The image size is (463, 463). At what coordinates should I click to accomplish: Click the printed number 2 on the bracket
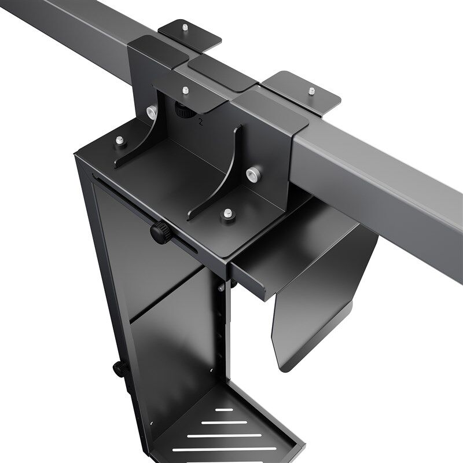pyautogui.click(x=200, y=123)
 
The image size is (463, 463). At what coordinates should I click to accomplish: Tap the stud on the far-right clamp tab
pyautogui.click(x=311, y=90)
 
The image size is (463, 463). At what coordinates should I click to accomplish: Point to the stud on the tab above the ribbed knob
pyautogui.click(x=185, y=90)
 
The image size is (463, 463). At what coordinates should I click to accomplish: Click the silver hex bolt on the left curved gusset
pyautogui.click(x=151, y=111)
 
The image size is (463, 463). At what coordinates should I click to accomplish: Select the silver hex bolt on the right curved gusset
pyautogui.click(x=252, y=173)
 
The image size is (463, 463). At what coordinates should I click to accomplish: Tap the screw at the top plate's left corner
pyautogui.click(x=119, y=141)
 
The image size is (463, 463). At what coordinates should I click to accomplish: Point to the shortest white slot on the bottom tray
pyautogui.click(x=225, y=410)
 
